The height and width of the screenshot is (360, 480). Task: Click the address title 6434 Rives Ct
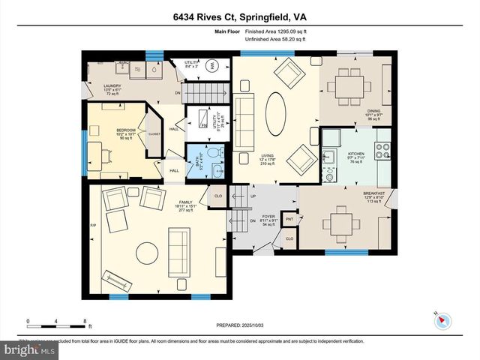pyautogui.click(x=239, y=16)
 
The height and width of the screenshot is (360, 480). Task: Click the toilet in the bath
pyautogui.click(x=214, y=154)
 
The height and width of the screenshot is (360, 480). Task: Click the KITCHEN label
pyautogui.click(x=356, y=154)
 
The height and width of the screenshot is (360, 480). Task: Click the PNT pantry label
pyautogui.click(x=289, y=220)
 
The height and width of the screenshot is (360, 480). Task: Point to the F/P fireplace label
pyautogui.click(x=93, y=225)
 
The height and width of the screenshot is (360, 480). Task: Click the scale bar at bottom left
pyautogui.click(x=58, y=325)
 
